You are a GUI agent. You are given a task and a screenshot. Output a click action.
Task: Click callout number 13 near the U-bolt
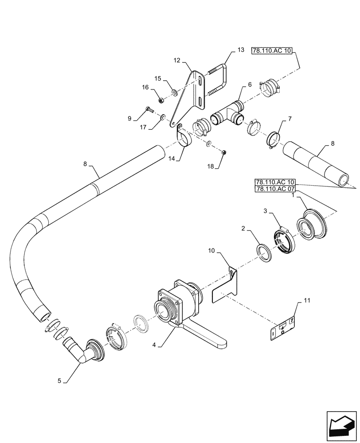(x=240, y=50)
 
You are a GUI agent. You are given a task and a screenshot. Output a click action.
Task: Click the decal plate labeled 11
(x=283, y=328)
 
